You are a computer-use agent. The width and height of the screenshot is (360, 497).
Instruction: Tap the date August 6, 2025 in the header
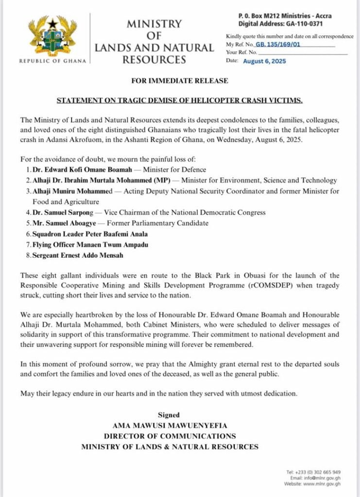point(264,61)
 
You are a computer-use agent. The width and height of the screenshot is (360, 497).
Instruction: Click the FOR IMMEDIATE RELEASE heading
point(179,81)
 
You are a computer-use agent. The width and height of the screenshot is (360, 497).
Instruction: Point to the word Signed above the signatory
point(169,415)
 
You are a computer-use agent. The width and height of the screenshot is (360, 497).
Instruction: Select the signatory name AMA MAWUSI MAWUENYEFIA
point(169,426)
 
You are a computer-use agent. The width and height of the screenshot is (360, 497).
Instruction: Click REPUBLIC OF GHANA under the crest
point(52,61)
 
